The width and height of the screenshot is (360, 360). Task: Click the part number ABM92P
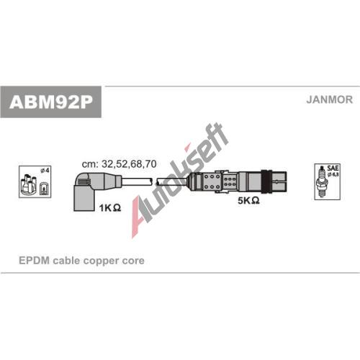(50, 102)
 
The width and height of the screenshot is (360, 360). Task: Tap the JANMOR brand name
(329, 99)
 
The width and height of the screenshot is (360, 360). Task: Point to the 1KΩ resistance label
(110, 208)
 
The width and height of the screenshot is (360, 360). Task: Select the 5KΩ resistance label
(248, 200)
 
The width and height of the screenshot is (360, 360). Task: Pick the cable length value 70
(151, 164)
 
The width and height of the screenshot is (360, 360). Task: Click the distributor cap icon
(29, 184)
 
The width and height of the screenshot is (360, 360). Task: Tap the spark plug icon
(322, 181)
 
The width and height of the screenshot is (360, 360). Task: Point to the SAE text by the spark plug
(333, 168)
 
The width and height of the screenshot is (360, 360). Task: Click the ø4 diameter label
(45, 170)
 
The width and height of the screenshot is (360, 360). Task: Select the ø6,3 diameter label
(333, 174)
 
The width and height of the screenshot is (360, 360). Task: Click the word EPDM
(34, 261)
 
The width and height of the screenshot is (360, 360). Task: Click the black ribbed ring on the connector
(266, 182)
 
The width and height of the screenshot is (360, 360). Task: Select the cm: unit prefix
(90, 164)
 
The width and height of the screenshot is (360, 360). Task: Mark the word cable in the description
(66, 261)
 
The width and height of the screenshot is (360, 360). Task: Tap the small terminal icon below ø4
(43, 188)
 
